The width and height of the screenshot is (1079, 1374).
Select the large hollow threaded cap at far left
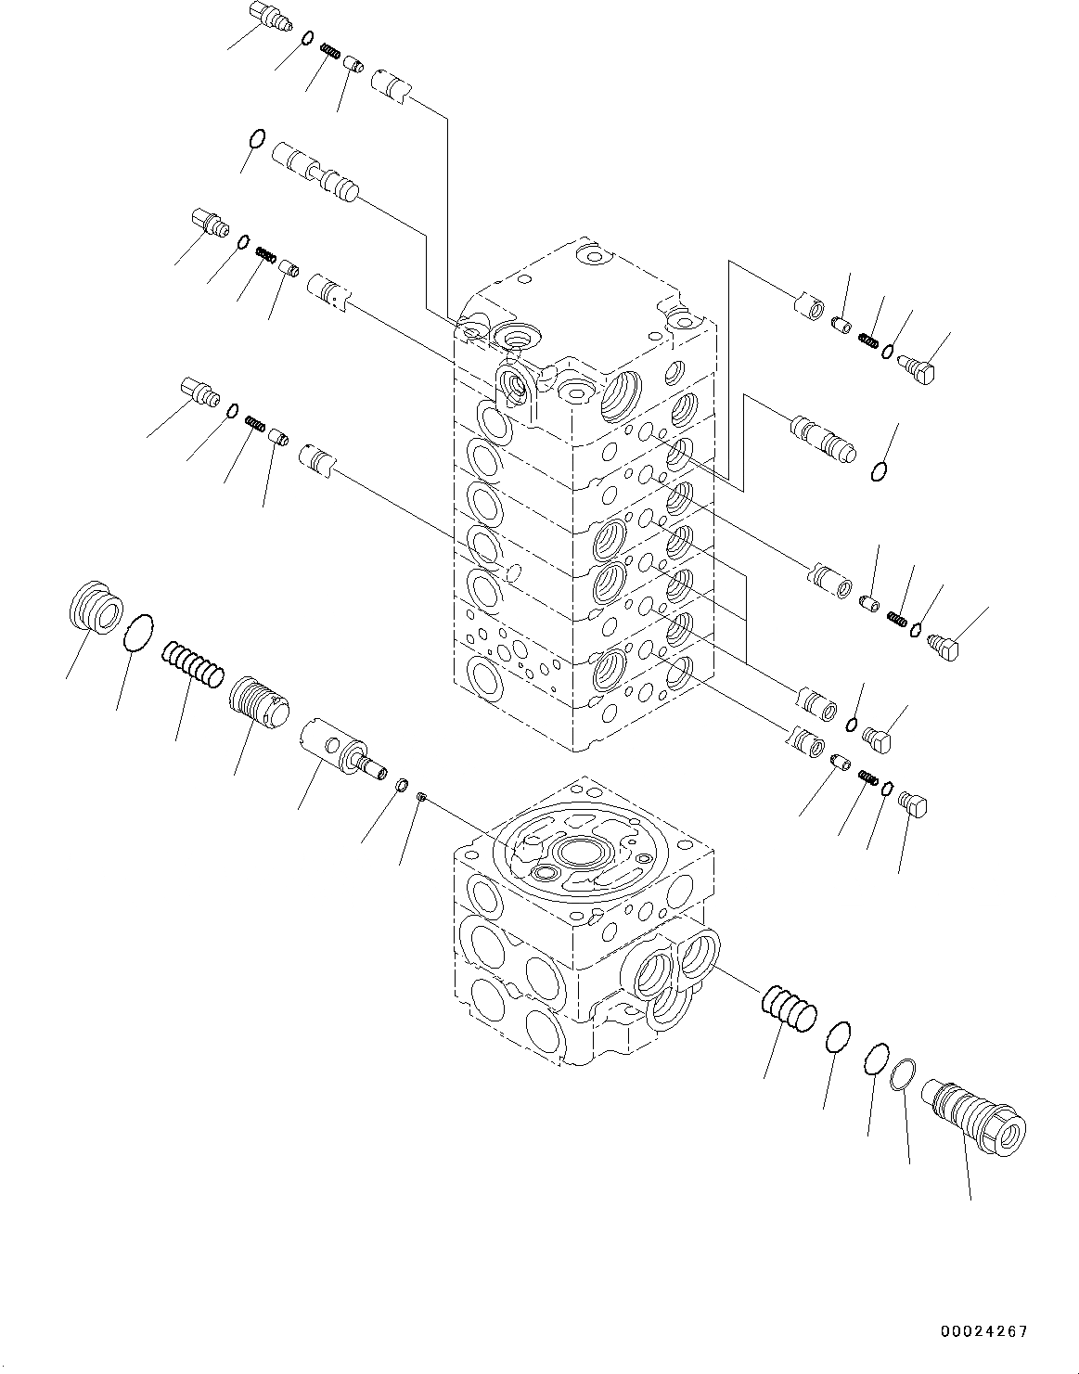[x=96, y=609]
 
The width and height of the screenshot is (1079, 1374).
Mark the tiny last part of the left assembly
[x=420, y=796]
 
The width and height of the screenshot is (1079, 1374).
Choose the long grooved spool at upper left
[x=315, y=169]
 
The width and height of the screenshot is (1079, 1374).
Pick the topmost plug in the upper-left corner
[x=267, y=18]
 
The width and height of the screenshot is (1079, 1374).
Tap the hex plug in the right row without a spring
[x=877, y=737]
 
